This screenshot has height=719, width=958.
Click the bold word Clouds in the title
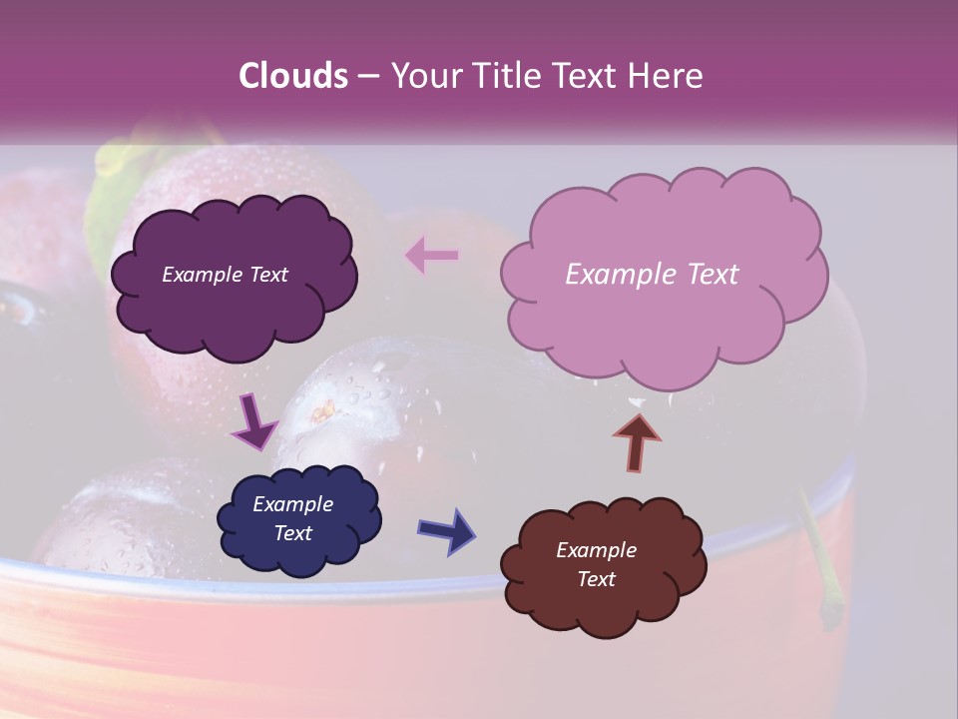pos(292,76)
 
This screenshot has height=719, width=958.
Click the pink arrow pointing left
pos(431,256)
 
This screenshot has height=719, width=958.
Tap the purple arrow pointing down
pos(253,420)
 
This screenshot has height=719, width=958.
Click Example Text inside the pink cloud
pos(652,275)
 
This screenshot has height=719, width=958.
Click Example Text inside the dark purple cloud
pos(225,275)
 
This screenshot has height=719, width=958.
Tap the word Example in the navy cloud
pos(292,504)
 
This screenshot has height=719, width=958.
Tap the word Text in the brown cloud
pos(596,579)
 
